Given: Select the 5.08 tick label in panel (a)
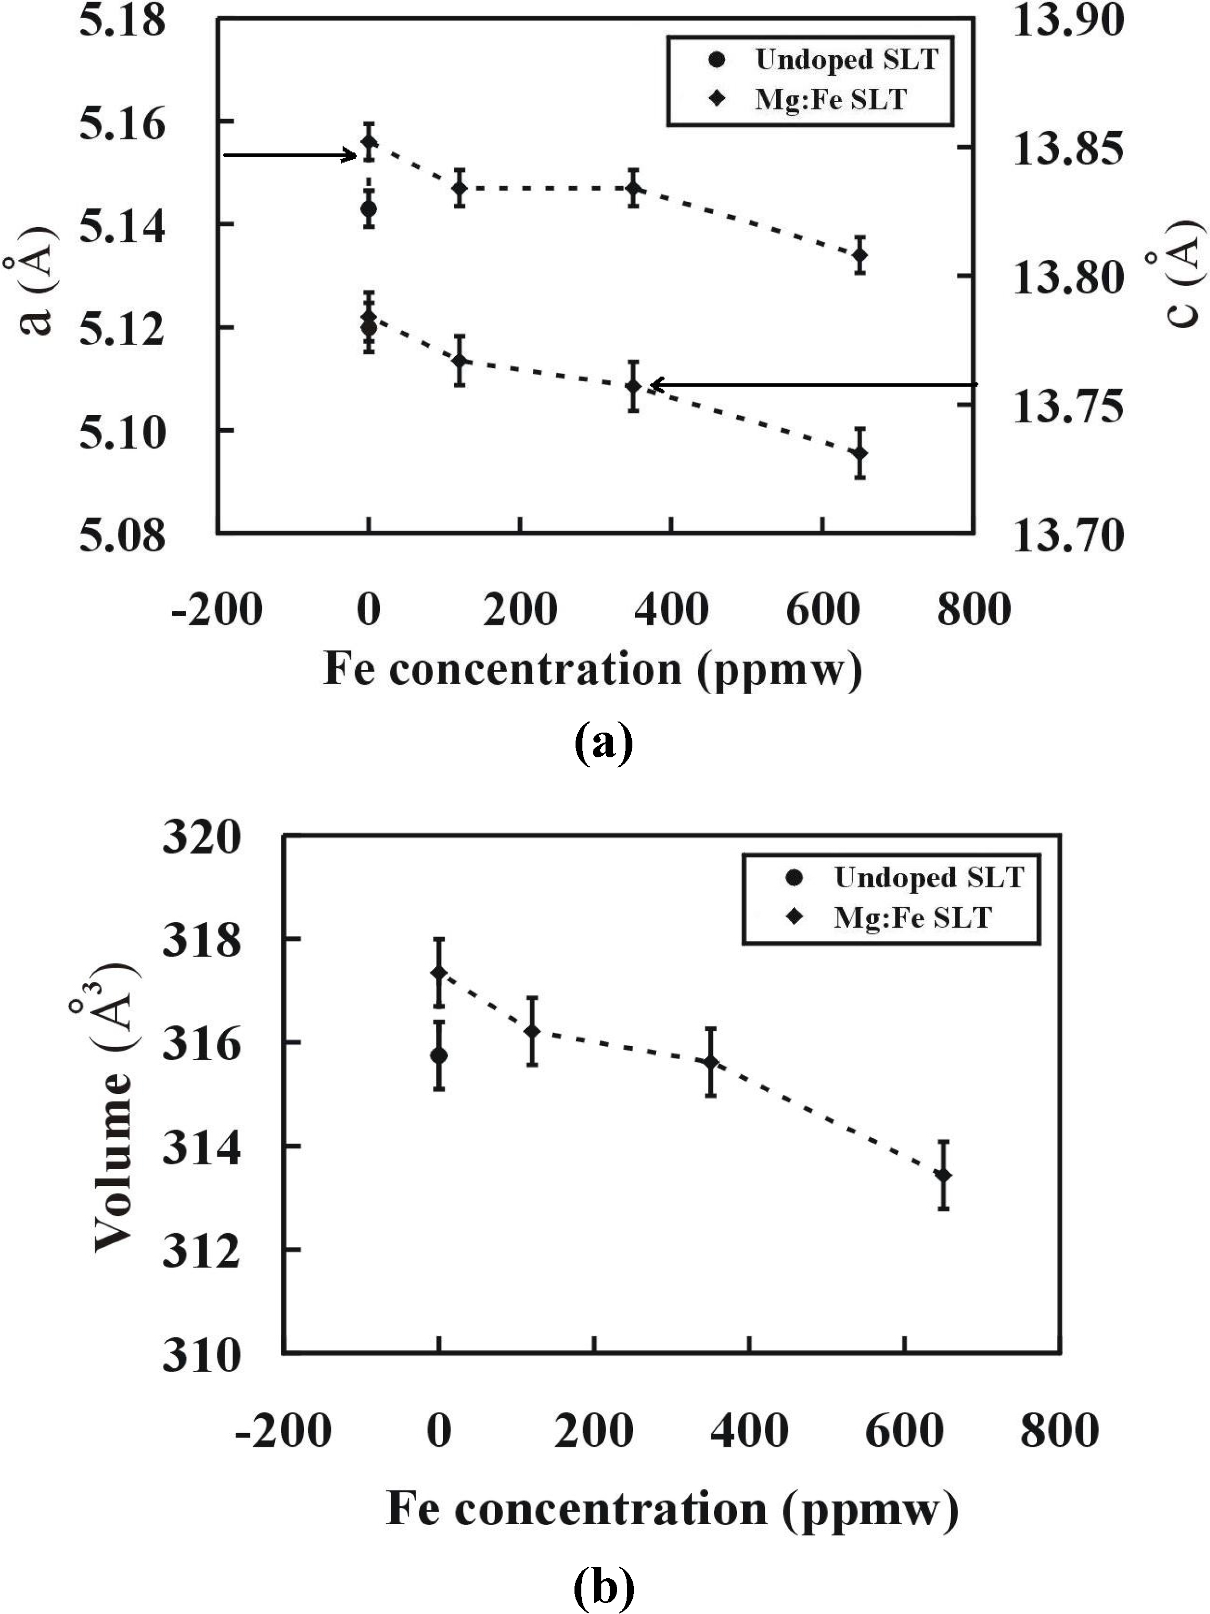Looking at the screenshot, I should [x=122, y=536].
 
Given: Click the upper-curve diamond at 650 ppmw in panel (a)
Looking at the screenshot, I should [x=861, y=255].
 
